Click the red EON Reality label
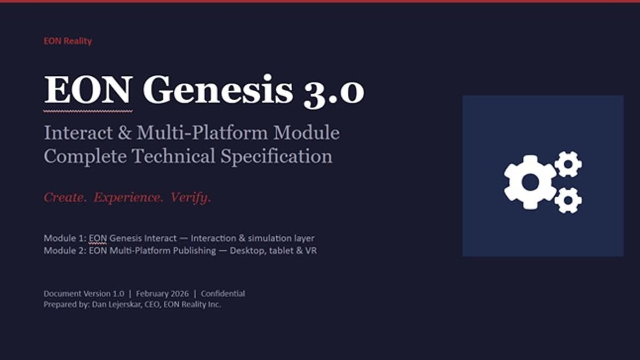[68, 41]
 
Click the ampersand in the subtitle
[124, 133]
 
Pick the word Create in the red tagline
[65, 197]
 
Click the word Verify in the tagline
[190, 197]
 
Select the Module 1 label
[65, 238]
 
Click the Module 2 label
[65, 250]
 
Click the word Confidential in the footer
[223, 293]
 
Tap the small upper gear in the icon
[567, 164]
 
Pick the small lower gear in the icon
[567, 200]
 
